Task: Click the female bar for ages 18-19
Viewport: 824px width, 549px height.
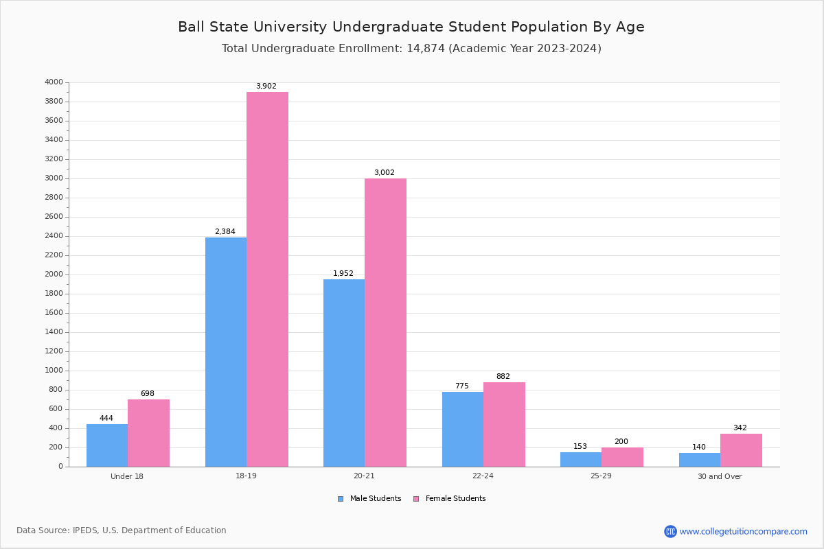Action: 267,279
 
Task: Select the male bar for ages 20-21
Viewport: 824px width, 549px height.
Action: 344,373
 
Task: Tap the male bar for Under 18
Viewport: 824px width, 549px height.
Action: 107,445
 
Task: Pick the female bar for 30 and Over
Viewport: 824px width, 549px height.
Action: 741,450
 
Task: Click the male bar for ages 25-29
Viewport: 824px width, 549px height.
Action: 581,459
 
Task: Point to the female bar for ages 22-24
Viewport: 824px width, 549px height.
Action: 504,424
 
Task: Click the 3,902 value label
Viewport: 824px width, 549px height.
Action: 266,86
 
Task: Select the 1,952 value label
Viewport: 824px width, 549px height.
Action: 343,273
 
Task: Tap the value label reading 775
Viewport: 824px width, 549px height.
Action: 461,386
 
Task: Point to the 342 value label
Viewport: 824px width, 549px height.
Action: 740,428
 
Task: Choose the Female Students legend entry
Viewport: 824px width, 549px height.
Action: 450,499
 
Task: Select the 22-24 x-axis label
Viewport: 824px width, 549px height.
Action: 483,476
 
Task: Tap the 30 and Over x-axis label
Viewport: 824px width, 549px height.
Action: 720,476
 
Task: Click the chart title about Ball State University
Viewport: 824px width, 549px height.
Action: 411,27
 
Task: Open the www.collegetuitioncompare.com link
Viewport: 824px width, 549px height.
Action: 743,531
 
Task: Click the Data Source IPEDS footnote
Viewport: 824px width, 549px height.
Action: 122,530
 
